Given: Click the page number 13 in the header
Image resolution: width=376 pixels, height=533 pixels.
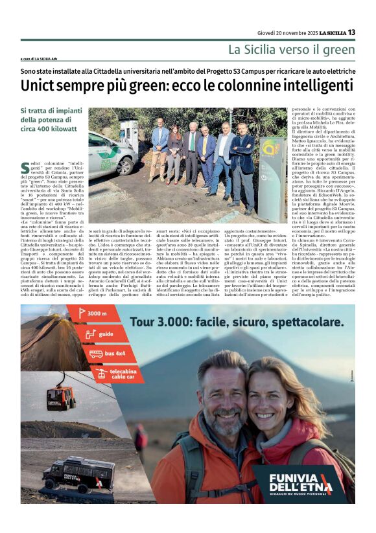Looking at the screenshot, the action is click(x=351, y=32).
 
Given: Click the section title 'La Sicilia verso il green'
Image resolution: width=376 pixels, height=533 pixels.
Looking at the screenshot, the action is click(x=291, y=49).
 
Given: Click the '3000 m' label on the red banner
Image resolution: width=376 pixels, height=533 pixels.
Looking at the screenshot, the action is click(x=97, y=315).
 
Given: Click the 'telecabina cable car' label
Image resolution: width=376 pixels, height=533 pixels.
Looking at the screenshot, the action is click(x=108, y=374).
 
